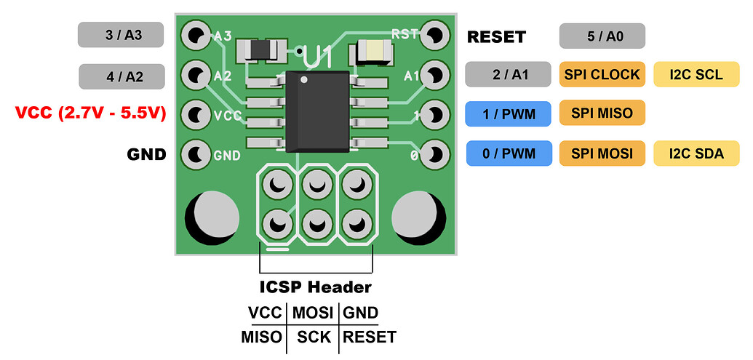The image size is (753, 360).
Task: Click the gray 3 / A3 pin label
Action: [x=120, y=34]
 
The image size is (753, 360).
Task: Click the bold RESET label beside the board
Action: [x=496, y=36]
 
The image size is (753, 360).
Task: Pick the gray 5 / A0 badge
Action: [x=602, y=35]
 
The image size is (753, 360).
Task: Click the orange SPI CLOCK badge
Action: [x=602, y=74]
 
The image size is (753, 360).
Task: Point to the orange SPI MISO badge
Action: [x=602, y=113]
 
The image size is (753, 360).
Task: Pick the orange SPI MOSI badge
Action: [x=602, y=153]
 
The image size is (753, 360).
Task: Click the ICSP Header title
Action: [x=316, y=287]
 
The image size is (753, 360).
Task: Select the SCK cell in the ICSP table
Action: [x=314, y=337]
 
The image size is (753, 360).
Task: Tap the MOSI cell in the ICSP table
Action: [x=313, y=313]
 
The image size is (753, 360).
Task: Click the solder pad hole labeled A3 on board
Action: [x=195, y=33]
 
